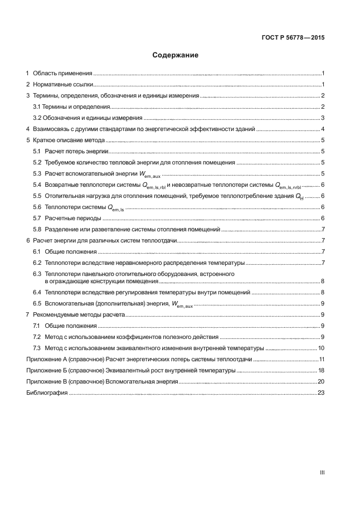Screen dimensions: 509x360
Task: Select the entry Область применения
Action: tap(62, 74)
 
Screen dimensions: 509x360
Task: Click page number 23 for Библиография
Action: tap(321, 393)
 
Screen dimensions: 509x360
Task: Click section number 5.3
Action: tap(37, 174)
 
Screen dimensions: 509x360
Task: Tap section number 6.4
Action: tap(37, 293)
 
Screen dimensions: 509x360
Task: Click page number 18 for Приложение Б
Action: tap(321, 371)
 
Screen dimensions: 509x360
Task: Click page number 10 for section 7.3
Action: tap(321, 348)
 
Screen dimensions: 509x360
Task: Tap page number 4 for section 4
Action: tap(323, 129)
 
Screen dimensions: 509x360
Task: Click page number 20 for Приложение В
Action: tap(321, 382)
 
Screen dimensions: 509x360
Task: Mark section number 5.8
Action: tap(37, 229)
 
